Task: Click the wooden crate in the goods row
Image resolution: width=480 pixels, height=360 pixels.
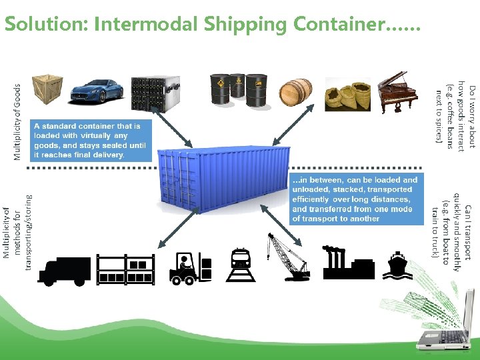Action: click(47, 87)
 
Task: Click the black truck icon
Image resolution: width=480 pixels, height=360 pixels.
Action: click(65, 271)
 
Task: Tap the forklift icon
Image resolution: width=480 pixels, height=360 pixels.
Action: click(190, 269)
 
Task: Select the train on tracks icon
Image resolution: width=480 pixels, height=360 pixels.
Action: click(241, 265)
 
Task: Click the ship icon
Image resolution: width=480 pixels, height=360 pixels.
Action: click(398, 265)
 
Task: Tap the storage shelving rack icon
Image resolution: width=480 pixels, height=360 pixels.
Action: click(125, 269)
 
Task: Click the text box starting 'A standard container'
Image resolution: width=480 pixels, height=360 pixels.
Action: click(91, 140)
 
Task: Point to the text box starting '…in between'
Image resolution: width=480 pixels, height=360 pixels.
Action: click(355, 199)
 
